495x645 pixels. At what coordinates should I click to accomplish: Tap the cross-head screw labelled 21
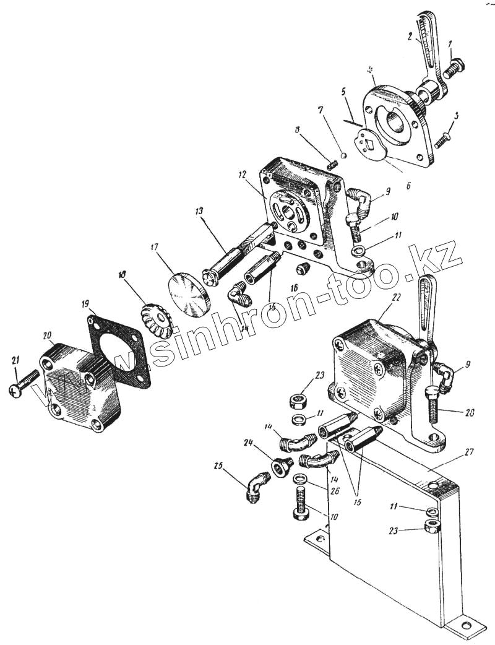pos(24,382)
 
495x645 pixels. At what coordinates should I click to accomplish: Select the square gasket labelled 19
pos(119,350)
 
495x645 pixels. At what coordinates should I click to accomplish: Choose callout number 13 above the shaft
pos(200,212)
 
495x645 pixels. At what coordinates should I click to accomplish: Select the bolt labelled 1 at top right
pos(457,65)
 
